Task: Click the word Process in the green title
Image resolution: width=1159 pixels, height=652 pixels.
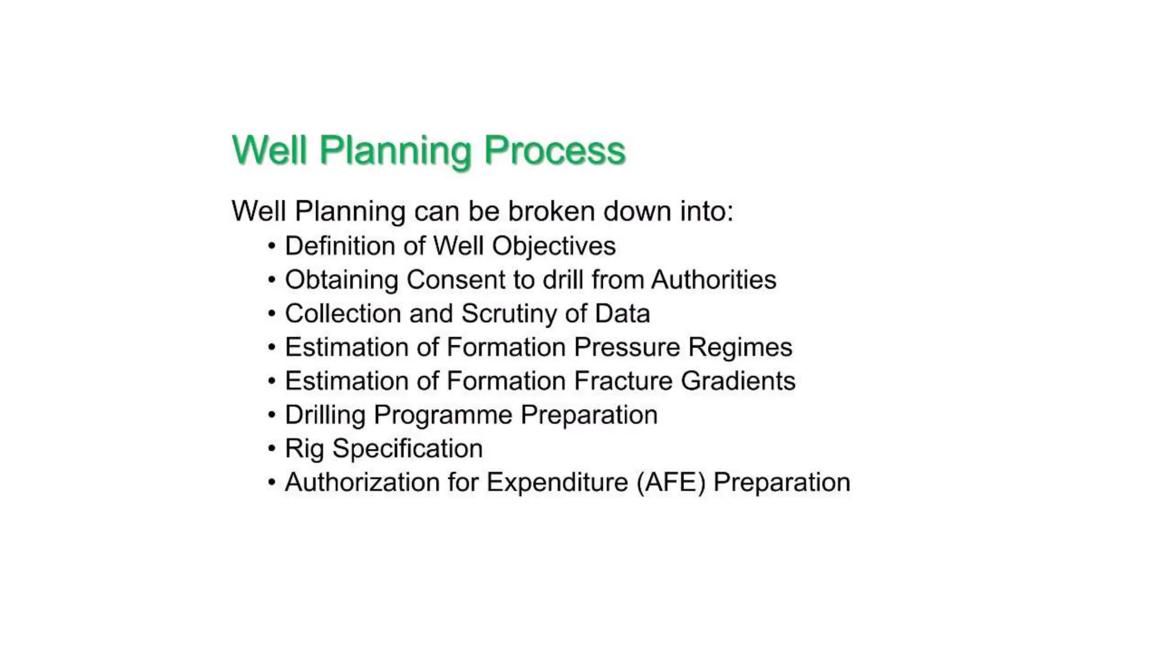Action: (555, 150)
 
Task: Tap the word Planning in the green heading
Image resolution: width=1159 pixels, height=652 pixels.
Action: (394, 151)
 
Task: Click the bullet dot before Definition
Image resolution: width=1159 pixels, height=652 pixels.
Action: (272, 247)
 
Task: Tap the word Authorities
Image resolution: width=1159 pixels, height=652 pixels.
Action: (714, 280)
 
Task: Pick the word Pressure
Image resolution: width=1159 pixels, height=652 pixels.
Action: (626, 347)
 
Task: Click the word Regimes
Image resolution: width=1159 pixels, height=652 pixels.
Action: (740, 348)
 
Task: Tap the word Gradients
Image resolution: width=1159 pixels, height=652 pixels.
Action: (738, 381)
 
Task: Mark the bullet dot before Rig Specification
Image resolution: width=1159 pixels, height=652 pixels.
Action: (272, 449)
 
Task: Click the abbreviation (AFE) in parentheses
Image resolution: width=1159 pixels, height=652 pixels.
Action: (671, 483)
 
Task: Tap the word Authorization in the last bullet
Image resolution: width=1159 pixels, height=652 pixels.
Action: (362, 483)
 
